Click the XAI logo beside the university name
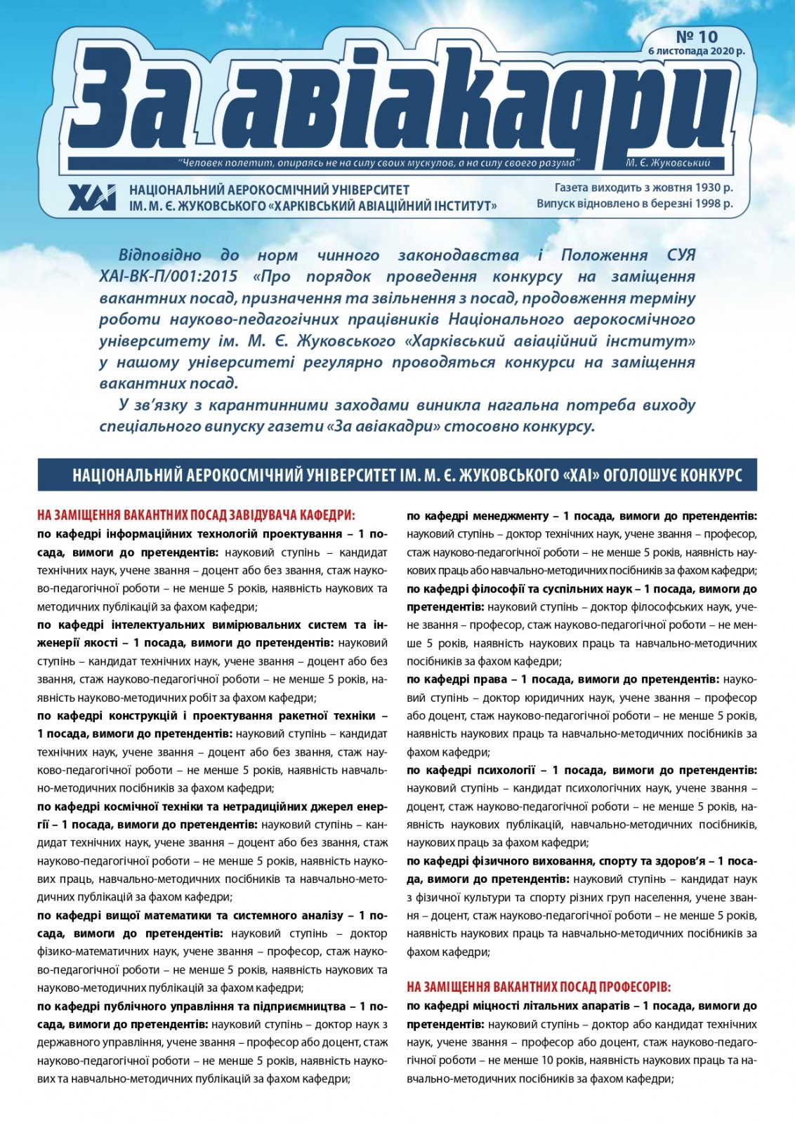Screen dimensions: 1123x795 click(x=92, y=197)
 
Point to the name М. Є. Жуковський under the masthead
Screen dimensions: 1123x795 click(x=668, y=163)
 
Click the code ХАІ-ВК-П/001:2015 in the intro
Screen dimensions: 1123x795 click(x=169, y=276)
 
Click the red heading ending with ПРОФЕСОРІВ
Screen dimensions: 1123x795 click(x=539, y=987)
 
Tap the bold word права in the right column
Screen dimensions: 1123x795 click(x=485, y=679)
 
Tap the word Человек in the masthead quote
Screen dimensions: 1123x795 click(x=203, y=163)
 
